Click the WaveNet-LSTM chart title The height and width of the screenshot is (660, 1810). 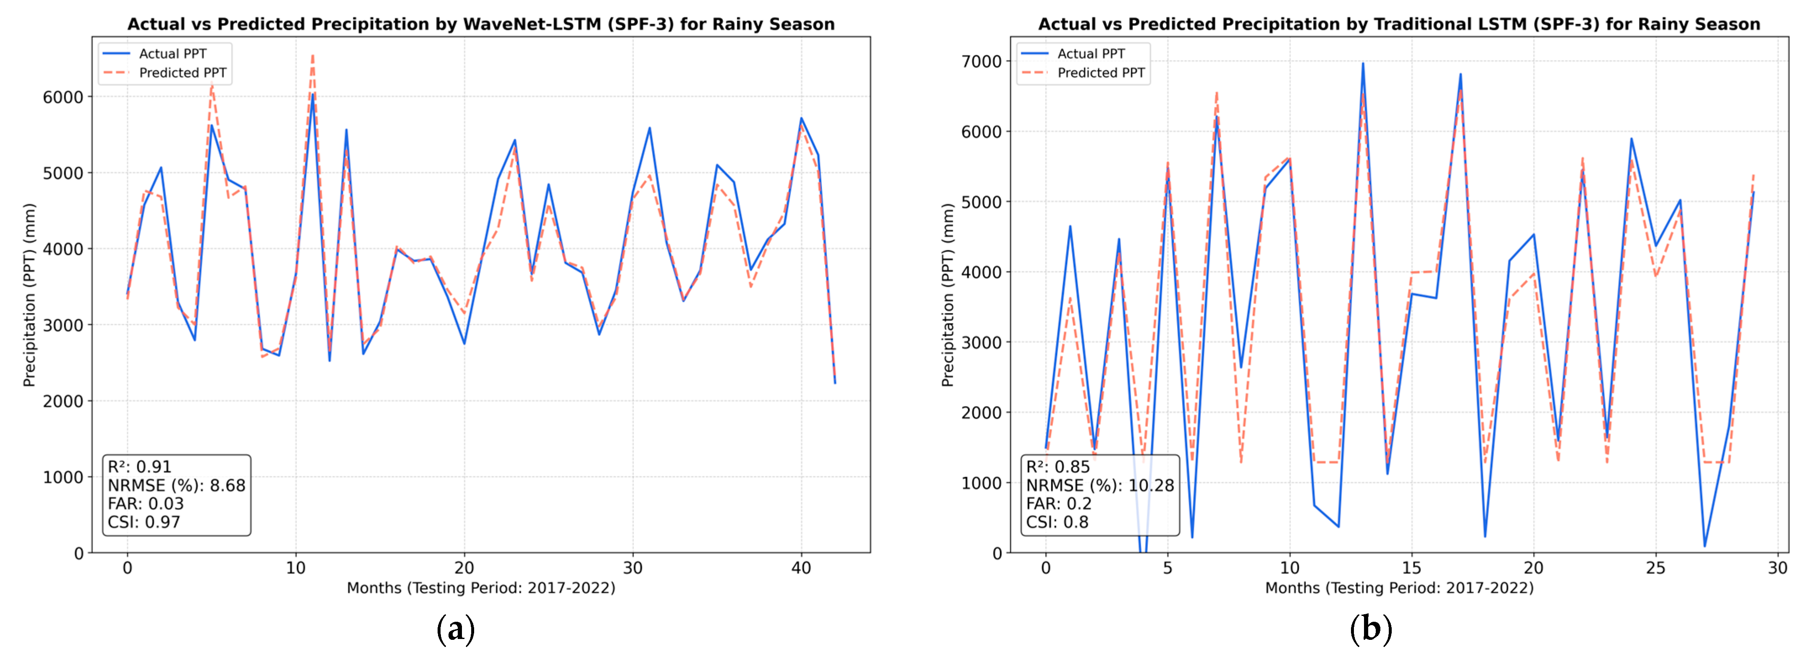pos(480,24)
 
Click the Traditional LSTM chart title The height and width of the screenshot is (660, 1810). pos(1398,24)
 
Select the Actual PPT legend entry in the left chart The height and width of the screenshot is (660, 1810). pos(172,53)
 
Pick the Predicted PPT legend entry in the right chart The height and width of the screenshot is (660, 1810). pos(1100,72)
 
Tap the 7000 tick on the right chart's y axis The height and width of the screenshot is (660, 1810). pos(981,62)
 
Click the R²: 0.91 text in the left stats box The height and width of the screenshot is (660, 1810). pos(139,467)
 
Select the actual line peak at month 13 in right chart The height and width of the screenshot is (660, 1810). pos(1363,63)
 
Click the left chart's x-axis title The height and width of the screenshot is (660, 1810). pos(480,588)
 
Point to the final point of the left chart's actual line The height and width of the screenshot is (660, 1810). pos(835,383)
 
